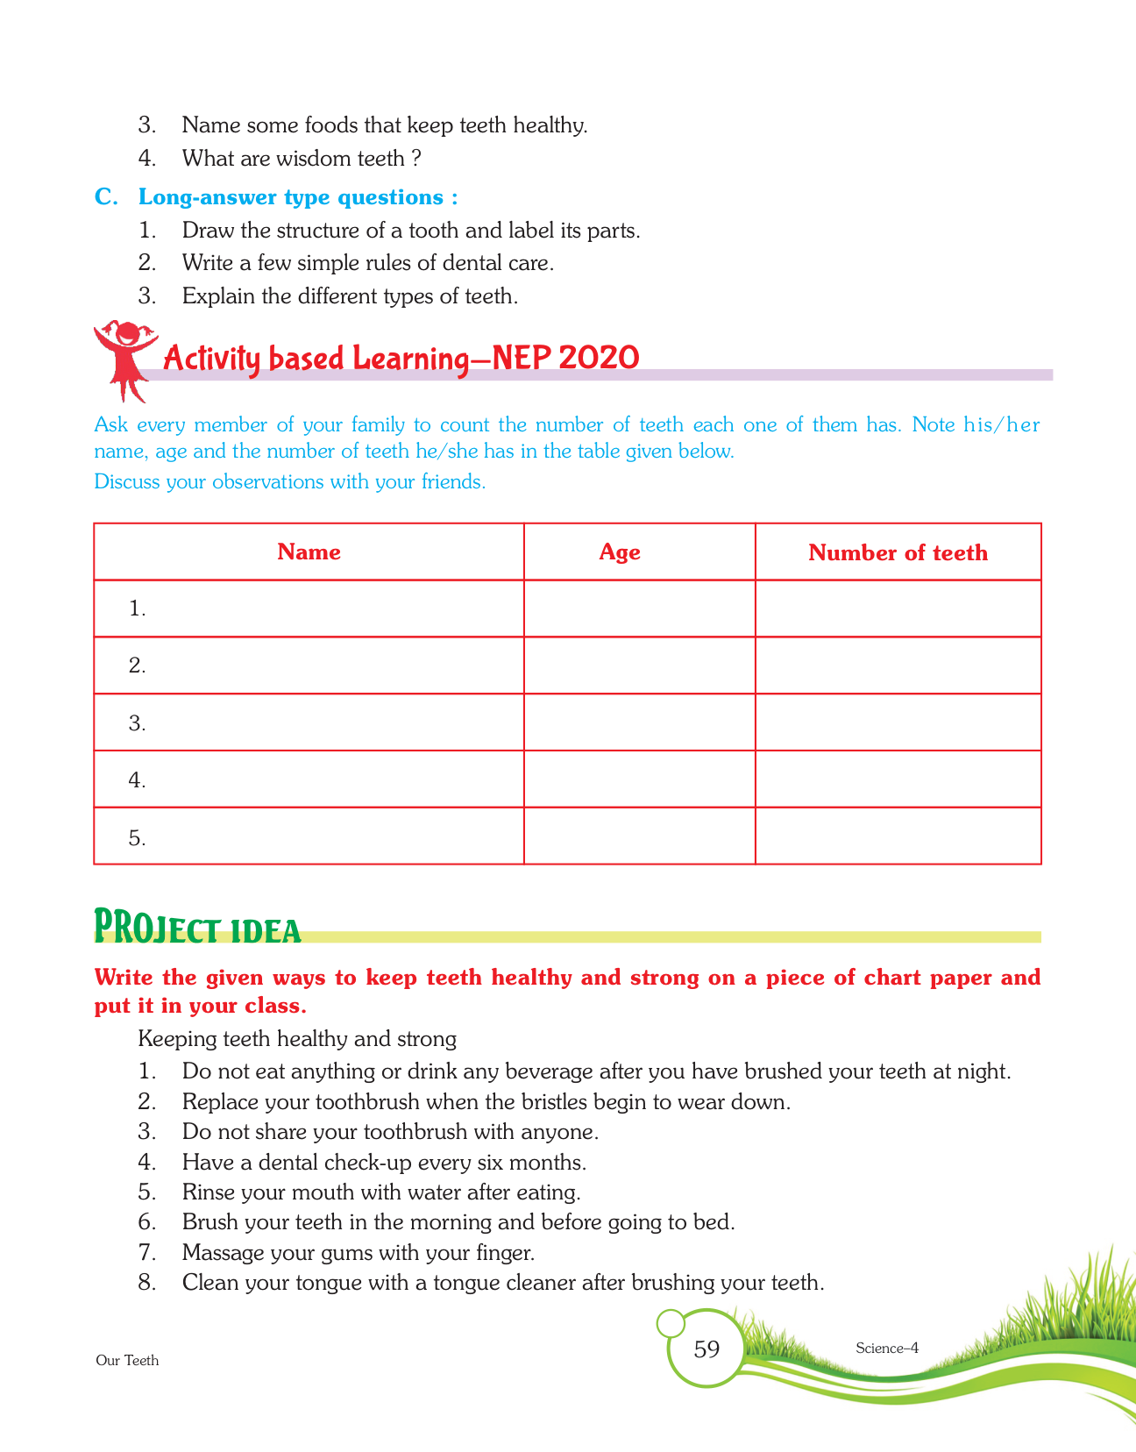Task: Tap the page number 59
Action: point(706,1349)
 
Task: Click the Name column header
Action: point(309,552)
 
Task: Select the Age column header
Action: point(620,552)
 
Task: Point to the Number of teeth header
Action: point(898,552)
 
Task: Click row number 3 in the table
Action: point(137,723)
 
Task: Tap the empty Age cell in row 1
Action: point(639,609)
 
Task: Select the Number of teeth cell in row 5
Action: point(898,836)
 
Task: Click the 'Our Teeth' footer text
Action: point(127,1361)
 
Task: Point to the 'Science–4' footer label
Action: point(886,1349)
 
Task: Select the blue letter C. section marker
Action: point(106,197)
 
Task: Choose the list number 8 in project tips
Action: point(147,1284)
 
